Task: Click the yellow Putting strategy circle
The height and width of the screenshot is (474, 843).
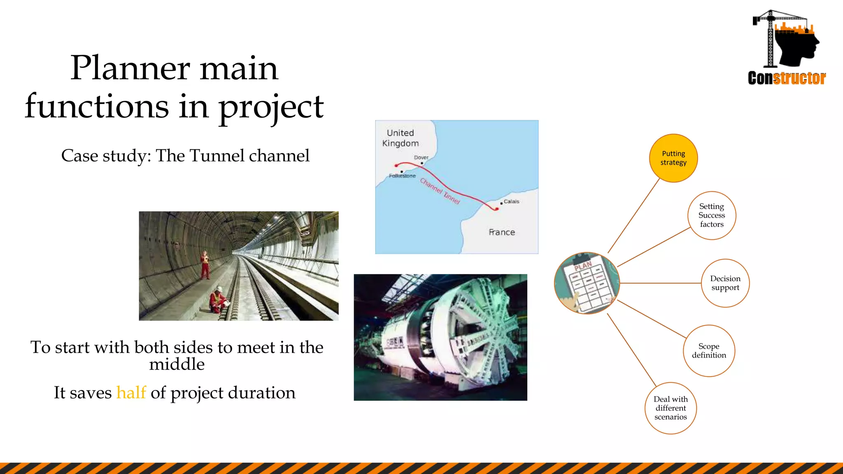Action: (673, 158)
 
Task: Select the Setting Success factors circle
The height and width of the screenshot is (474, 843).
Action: (712, 215)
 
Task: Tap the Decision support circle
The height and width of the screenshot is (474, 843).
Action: (725, 283)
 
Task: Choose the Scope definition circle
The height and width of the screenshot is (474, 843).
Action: (709, 351)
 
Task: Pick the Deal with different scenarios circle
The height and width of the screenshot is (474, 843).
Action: (671, 408)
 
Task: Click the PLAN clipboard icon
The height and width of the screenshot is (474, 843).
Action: (587, 283)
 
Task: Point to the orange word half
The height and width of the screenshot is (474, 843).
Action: (131, 393)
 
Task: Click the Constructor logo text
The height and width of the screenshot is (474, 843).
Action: (787, 78)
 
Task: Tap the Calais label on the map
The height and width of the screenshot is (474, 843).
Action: (511, 202)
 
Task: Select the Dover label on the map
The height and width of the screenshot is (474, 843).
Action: (421, 158)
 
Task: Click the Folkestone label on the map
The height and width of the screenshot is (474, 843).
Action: (402, 176)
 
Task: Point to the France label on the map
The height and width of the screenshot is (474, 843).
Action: (502, 232)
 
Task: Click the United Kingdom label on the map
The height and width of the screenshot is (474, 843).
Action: (400, 138)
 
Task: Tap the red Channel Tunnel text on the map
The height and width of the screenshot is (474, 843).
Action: (440, 191)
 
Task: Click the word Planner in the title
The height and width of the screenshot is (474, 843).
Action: (130, 68)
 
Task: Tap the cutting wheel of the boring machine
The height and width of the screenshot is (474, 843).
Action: (486, 333)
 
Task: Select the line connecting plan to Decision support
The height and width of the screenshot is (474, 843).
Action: (660, 283)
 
